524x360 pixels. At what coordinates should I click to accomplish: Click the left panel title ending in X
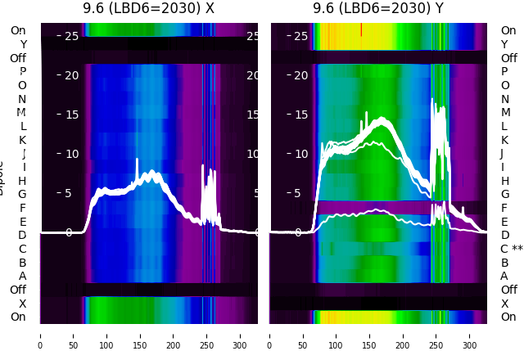click(148, 9)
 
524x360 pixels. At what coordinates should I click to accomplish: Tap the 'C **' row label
click(512, 249)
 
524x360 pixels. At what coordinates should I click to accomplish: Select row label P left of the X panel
click(23, 71)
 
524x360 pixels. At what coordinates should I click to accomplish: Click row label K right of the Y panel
click(505, 140)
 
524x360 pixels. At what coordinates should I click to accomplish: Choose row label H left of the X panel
click(23, 181)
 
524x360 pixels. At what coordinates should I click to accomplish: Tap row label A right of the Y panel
click(505, 276)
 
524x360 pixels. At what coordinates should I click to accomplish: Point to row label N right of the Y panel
click(505, 99)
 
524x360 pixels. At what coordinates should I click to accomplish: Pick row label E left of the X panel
click(23, 222)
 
